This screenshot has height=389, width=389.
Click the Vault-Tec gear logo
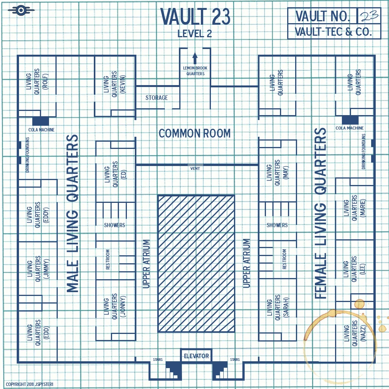click(x=21, y=10)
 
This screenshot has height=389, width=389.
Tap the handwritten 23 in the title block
click(x=369, y=16)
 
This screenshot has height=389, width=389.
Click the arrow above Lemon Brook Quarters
click(x=195, y=58)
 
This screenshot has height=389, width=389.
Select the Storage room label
click(x=157, y=98)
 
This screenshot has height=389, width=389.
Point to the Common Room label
click(x=195, y=133)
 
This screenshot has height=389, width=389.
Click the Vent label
click(x=195, y=168)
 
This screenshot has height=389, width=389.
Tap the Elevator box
click(x=196, y=356)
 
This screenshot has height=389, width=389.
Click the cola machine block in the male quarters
click(x=41, y=121)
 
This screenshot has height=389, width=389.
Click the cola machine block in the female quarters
click(x=350, y=120)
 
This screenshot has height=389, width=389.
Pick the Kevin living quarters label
click(x=115, y=84)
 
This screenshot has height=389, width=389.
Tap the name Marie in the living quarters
click(x=363, y=208)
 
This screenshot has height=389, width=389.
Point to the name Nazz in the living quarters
click(x=363, y=333)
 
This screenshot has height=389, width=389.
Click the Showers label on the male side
click(x=115, y=225)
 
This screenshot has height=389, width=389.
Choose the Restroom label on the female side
click(x=284, y=259)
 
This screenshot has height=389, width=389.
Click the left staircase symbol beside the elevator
click(x=173, y=370)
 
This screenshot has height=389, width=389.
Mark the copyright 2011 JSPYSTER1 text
click(x=30, y=384)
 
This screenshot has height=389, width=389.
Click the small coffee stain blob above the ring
click(x=359, y=304)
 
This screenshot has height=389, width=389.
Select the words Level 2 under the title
click(x=195, y=33)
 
